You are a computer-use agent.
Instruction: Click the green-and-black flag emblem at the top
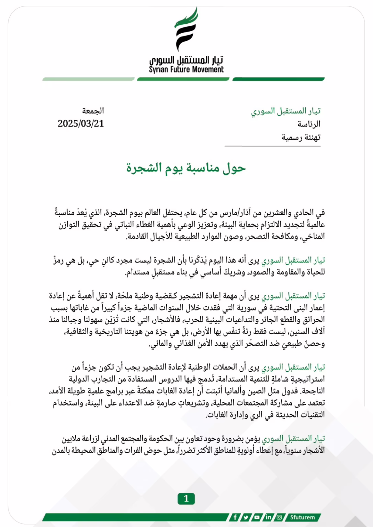[x=186, y=30]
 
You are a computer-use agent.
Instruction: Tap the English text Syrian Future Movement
[x=186, y=70]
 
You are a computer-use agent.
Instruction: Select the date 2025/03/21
[x=81, y=124]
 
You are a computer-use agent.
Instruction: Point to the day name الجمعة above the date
[x=93, y=111]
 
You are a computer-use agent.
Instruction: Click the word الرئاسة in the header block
[x=309, y=124]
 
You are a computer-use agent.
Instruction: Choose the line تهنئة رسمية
[x=301, y=137]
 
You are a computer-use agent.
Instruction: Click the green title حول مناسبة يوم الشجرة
[x=186, y=168]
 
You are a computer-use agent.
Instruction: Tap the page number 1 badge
[x=186, y=499]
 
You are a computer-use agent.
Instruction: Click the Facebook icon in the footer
[x=235, y=517]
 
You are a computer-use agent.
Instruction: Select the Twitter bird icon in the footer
[x=246, y=517]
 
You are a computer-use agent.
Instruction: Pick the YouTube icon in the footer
[x=257, y=517]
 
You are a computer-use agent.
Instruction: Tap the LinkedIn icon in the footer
[x=268, y=517]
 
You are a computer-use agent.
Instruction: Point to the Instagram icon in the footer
[x=279, y=517]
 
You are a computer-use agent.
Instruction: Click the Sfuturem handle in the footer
[x=302, y=517]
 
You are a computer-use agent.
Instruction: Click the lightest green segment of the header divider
[x=88, y=79]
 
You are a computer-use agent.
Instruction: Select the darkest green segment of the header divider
[x=278, y=79]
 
